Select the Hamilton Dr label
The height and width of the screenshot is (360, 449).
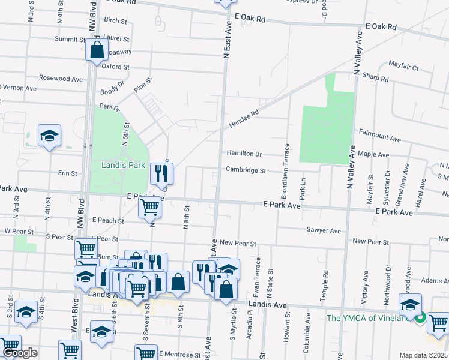244,154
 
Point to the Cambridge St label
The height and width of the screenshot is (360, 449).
246,170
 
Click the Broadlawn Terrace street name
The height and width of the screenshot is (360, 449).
286,171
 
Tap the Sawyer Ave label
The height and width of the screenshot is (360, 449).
324,230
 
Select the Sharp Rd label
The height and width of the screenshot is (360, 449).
376,78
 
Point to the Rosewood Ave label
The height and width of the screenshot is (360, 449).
61,79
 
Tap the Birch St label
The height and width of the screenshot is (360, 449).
116,20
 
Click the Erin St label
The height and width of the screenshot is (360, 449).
68,173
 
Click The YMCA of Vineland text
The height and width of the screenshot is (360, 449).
367,318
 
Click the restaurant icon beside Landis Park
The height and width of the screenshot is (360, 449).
161,174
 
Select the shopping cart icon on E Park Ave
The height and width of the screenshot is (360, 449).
149,208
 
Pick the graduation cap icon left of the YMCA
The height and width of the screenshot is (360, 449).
410,305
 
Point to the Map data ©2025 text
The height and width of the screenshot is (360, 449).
423,355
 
